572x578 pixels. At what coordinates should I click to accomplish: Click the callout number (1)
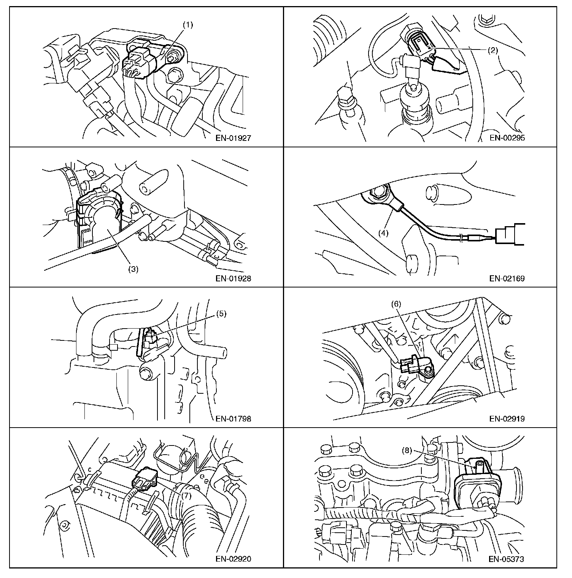188,25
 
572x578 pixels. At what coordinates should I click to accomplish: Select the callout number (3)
133,269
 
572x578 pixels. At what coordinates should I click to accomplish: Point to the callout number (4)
383,233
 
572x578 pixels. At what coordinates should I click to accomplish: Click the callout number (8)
407,450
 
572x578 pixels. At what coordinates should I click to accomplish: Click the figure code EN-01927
233,138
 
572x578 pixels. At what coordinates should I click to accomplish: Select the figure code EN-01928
233,278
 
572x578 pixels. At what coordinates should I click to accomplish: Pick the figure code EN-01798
233,419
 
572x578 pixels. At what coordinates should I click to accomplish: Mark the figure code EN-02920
233,559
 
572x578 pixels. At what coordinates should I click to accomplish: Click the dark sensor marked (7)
146,481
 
